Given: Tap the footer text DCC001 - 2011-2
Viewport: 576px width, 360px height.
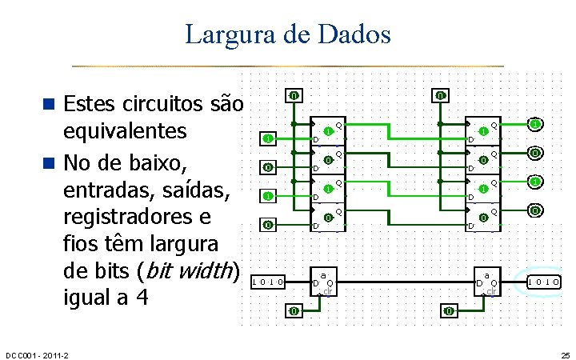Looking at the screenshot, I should tap(37, 354).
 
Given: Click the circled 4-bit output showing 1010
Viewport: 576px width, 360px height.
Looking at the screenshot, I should tap(543, 282).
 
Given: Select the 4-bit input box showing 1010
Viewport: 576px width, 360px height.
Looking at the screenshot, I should tap(268, 282).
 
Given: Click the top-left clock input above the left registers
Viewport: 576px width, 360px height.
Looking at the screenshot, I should tap(294, 96).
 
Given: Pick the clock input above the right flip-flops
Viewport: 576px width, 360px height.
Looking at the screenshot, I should tap(441, 96).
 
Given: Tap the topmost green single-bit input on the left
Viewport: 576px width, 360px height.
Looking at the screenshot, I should tap(269, 138).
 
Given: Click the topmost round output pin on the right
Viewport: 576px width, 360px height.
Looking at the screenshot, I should tap(535, 124).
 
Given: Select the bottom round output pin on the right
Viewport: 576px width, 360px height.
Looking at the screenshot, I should tap(535, 211).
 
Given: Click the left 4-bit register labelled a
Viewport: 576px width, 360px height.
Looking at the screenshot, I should tap(325, 281).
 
